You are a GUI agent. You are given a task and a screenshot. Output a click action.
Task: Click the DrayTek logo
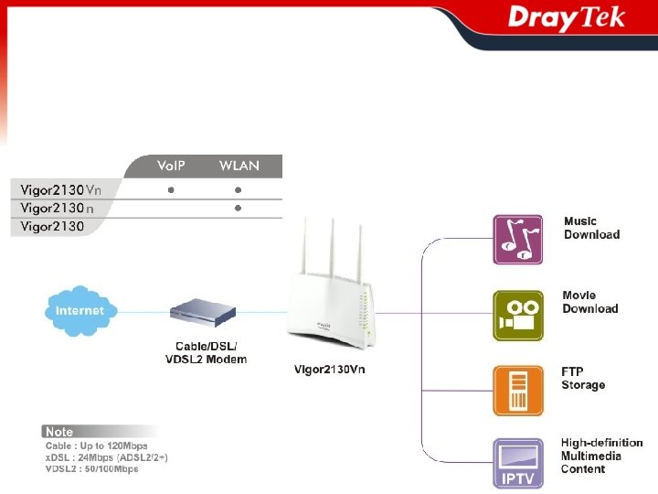click(x=566, y=19)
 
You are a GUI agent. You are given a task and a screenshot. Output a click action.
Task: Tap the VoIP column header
click(x=171, y=166)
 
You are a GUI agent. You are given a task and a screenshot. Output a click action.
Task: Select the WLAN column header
click(x=239, y=166)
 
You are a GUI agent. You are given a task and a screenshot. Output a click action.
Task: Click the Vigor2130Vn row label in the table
click(x=61, y=190)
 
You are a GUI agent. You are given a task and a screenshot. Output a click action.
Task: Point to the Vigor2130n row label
click(x=58, y=209)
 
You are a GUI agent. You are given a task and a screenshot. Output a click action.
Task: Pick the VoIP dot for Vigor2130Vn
click(x=171, y=190)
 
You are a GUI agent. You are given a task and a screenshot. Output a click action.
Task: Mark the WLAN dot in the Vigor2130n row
click(x=238, y=209)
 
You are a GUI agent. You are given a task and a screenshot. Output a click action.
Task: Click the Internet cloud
click(x=80, y=310)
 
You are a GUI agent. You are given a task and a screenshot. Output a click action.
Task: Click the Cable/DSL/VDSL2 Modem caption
click(x=206, y=352)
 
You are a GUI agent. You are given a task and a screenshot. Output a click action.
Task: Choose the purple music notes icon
click(x=518, y=240)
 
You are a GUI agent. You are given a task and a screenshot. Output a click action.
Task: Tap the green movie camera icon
click(x=518, y=315)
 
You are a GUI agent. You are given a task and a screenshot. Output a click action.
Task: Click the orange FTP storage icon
click(x=518, y=391)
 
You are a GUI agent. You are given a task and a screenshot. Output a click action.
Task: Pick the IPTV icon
click(x=518, y=464)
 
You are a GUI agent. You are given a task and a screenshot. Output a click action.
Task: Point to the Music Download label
click(x=591, y=228)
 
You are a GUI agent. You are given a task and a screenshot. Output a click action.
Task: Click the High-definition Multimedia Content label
click(x=601, y=456)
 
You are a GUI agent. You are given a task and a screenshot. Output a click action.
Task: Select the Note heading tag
click(x=60, y=431)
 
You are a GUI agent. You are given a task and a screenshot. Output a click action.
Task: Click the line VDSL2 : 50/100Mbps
click(x=92, y=469)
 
